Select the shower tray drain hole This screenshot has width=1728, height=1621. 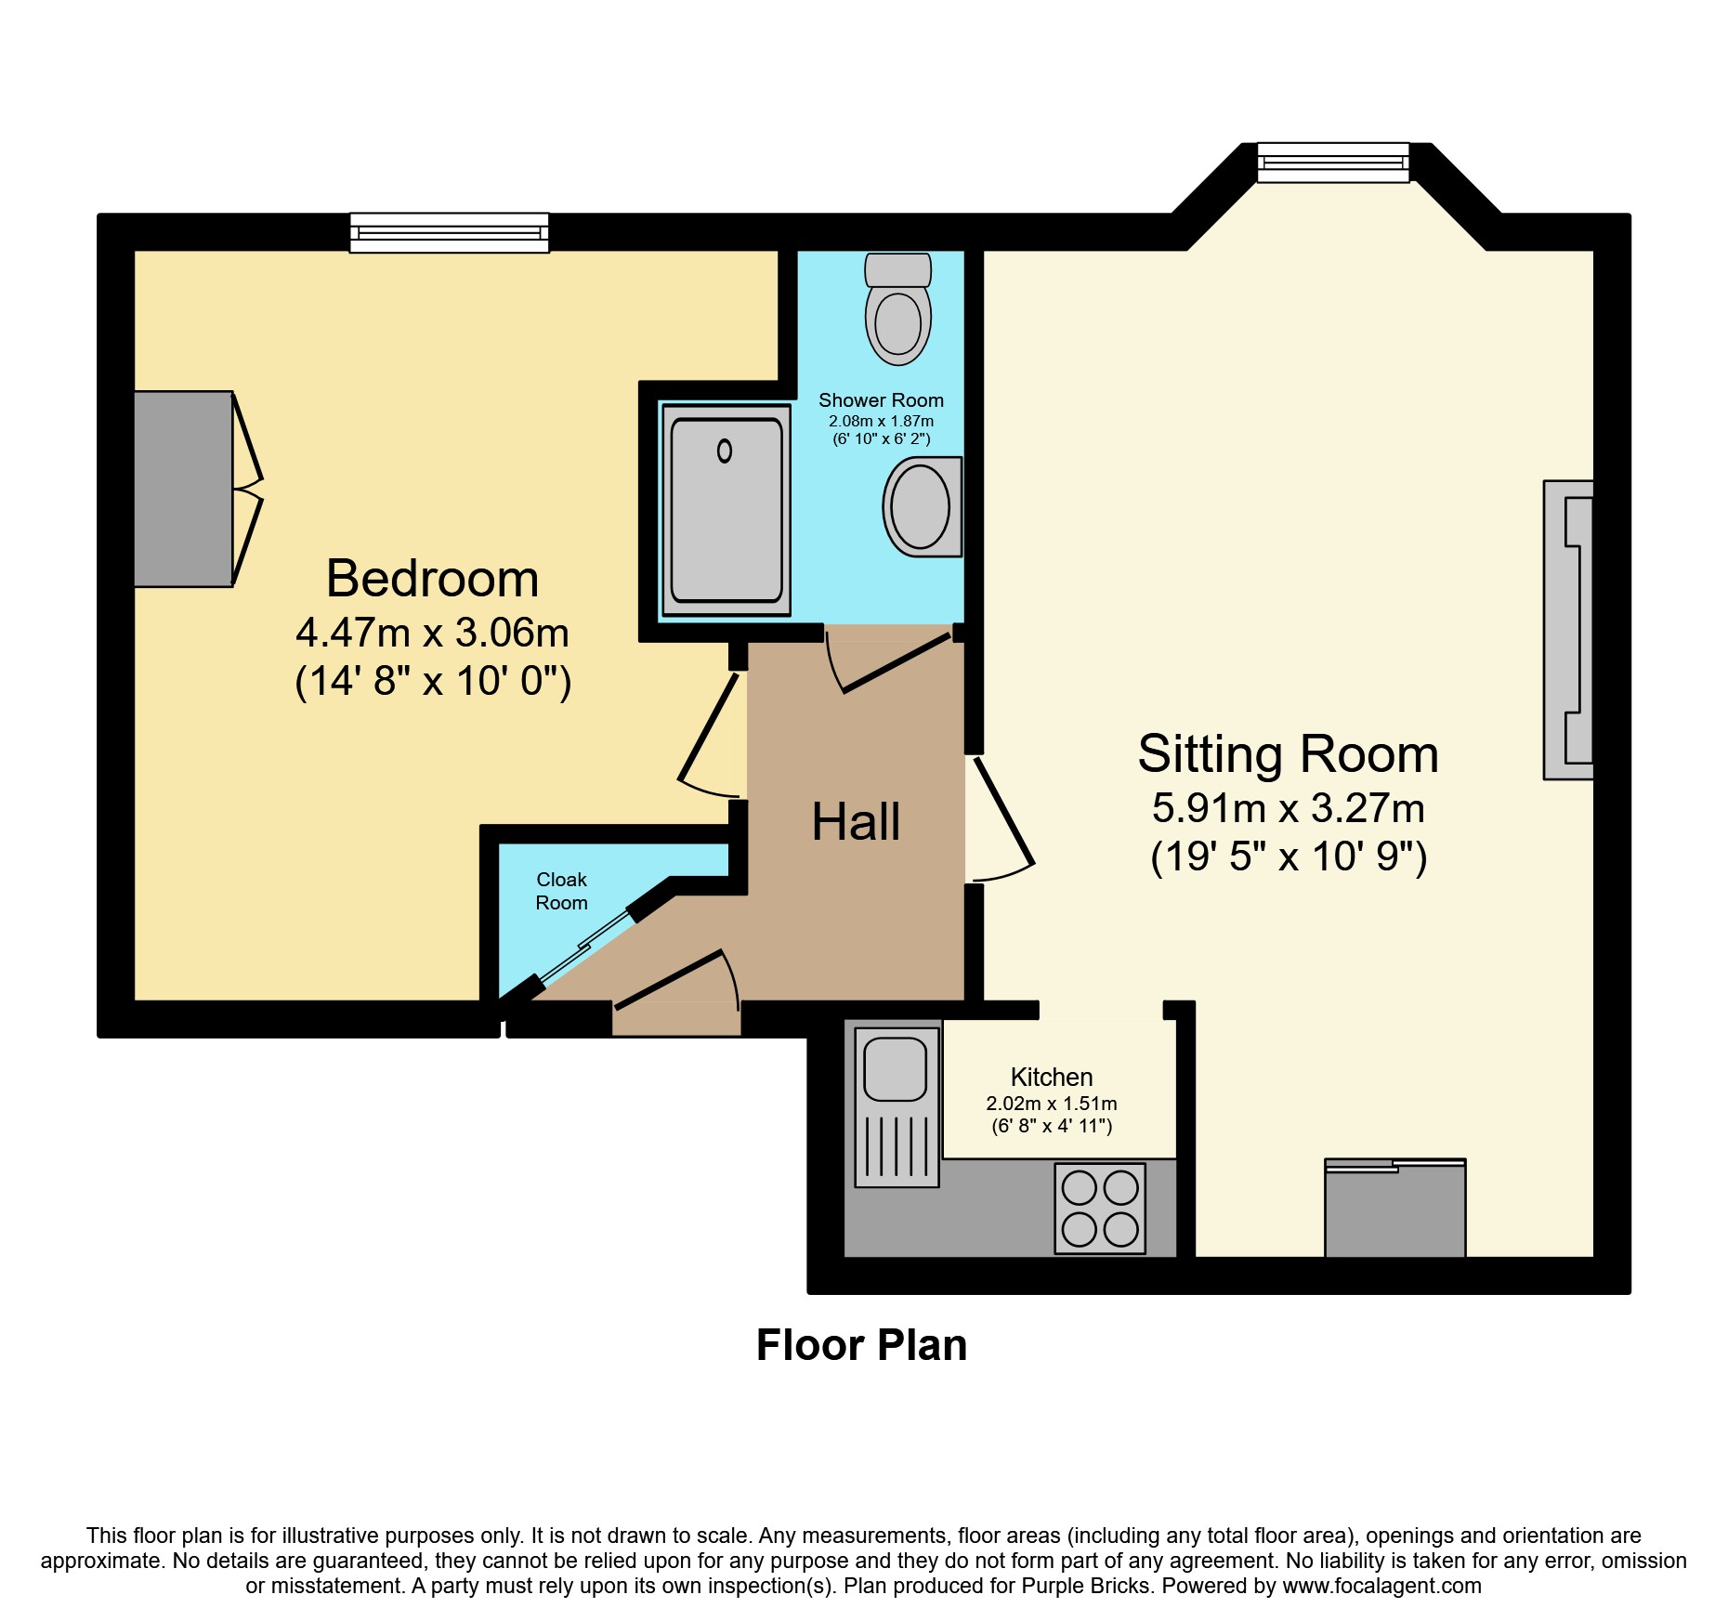(725, 451)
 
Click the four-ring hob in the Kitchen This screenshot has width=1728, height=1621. (1100, 1209)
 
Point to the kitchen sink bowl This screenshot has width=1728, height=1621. (895, 1068)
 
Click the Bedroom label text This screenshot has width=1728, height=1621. (433, 579)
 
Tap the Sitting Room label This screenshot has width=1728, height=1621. (1289, 753)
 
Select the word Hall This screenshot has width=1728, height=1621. (856, 822)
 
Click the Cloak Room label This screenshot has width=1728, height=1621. (562, 891)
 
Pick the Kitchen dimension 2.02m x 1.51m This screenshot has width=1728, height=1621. (1052, 1104)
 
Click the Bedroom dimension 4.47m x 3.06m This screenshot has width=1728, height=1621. (433, 633)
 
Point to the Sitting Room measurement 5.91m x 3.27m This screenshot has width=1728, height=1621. (1289, 808)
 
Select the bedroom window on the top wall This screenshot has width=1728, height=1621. (450, 232)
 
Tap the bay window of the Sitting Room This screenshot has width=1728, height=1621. (1333, 163)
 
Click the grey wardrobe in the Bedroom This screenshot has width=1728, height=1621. (183, 489)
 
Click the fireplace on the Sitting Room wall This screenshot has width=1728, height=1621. (1569, 630)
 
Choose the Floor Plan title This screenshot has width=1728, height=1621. (862, 1345)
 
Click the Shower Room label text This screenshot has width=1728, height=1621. (881, 400)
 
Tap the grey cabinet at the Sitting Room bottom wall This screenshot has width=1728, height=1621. (1395, 1208)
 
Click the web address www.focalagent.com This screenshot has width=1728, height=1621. (1382, 1587)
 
